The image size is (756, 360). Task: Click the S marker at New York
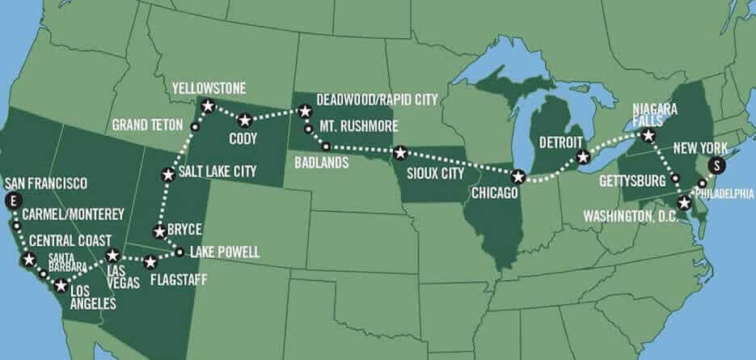point(716,166)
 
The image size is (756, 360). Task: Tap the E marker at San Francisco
point(11,200)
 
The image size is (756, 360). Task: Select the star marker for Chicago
point(518,176)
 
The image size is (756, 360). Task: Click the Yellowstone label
point(209,87)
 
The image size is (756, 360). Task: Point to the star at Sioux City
point(399,153)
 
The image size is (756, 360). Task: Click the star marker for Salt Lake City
point(168,174)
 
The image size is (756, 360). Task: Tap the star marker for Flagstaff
point(150,262)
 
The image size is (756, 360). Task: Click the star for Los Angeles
point(61,286)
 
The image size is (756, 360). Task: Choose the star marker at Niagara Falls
point(648,137)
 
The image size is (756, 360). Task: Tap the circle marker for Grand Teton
point(194,127)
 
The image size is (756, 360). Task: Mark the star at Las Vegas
point(113,256)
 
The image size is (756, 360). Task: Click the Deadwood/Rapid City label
point(377,100)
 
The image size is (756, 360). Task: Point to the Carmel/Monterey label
point(74,214)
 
